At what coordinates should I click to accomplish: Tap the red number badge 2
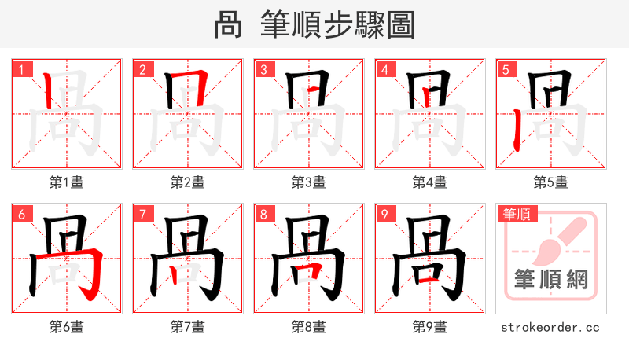pyautogui.click(x=142, y=69)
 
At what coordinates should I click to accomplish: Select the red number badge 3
pyautogui.click(x=263, y=69)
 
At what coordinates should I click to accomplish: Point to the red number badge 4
pyautogui.click(x=384, y=69)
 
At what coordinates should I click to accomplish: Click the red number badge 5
pyautogui.click(x=506, y=69)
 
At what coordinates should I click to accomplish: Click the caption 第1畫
pyautogui.click(x=67, y=182)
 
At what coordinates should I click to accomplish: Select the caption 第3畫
pyautogui.click(x=309, y=182)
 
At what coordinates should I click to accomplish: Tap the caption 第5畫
pyautogui.click(x=551, y=182)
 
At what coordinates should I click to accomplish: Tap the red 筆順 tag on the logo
pyautogui.click(x=516, y=213)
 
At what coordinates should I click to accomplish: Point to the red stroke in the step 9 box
pyautogui.click(x=429, y=278)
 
